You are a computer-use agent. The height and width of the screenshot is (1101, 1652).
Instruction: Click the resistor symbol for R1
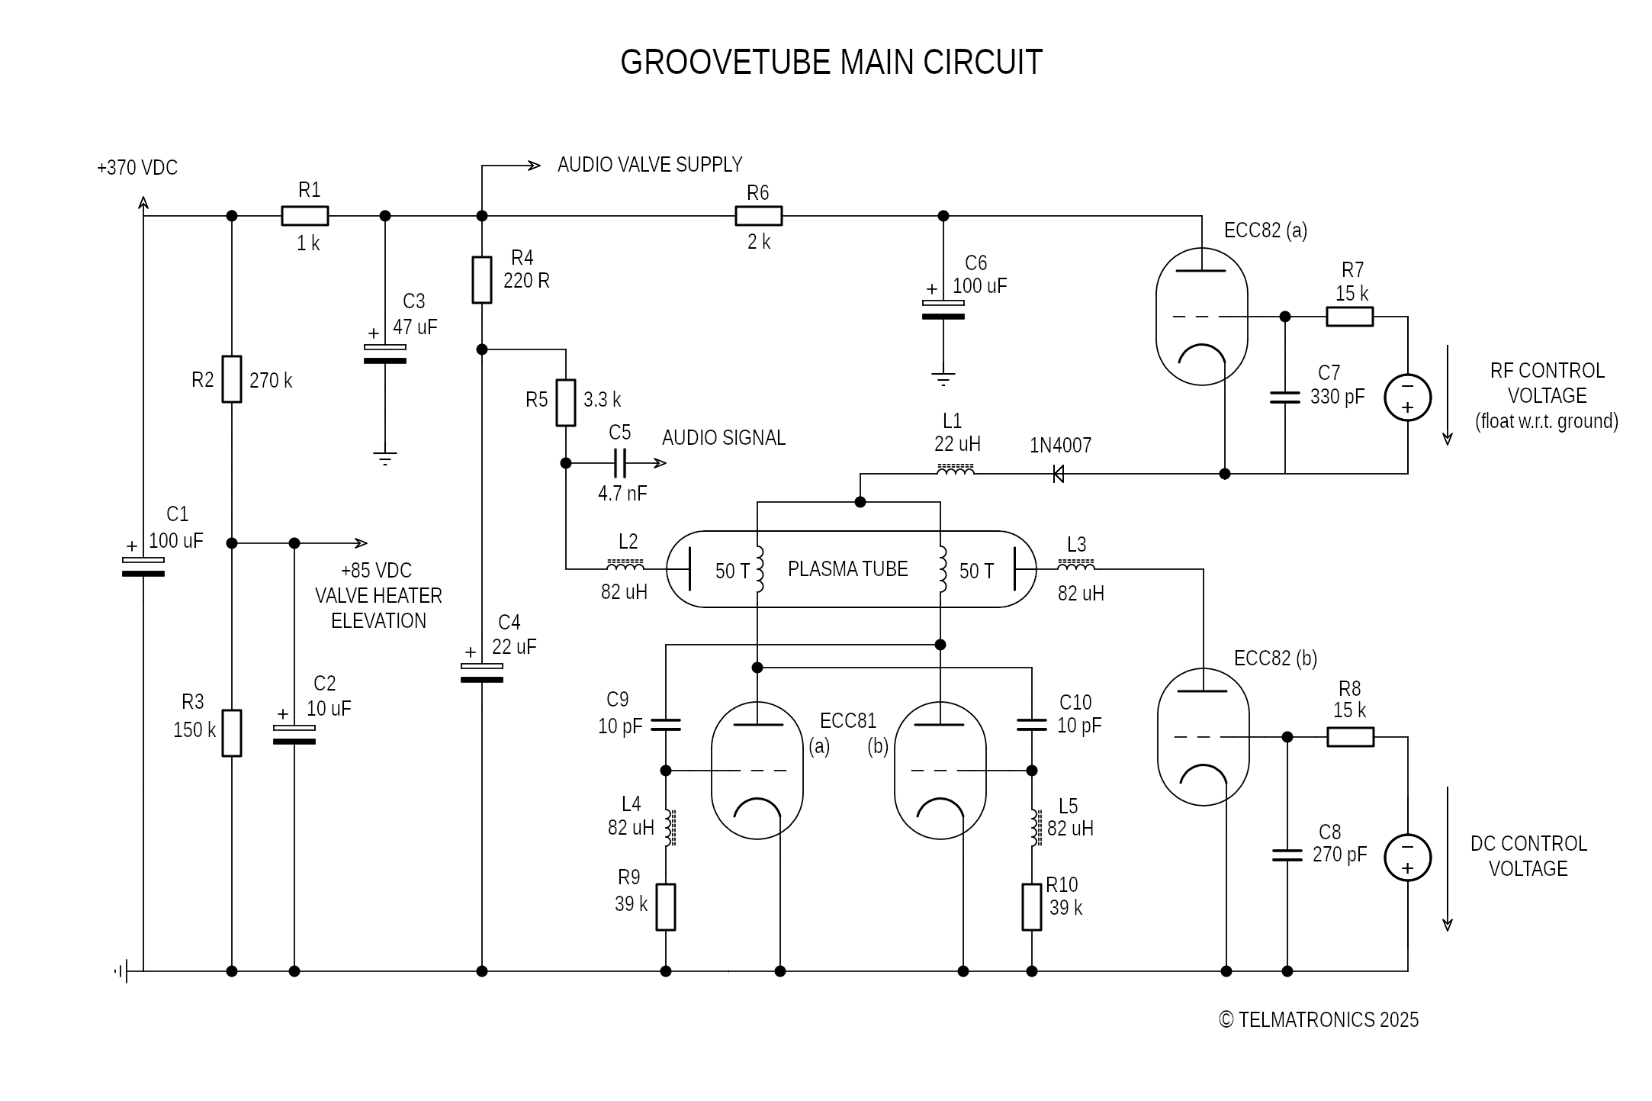point(305,216)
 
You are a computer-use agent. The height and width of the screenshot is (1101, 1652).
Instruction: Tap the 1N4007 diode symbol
point(1059,474)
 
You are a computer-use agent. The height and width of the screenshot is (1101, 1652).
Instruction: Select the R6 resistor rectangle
point(758,216)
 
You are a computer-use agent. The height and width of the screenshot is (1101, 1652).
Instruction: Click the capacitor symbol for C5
point(619,463)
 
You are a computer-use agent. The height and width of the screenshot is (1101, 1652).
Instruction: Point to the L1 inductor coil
point(955,471)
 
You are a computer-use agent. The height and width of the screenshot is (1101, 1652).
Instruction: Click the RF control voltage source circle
point(1407,398)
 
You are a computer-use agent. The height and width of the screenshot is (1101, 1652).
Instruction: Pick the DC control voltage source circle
point(1407,858)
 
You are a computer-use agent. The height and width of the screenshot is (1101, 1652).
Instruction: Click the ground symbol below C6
point(943,379)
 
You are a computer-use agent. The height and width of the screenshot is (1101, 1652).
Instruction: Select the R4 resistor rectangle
point(482,280)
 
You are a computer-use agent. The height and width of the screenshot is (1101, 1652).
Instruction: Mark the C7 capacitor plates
point(1285,398)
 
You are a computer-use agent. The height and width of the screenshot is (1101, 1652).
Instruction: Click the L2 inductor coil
point(625,566)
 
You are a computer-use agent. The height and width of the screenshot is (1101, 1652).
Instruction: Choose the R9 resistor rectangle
point(666,907)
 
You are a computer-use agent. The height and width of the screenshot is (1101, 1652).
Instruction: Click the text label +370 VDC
point(137,168)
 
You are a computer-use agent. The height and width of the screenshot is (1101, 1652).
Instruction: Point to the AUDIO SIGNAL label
point(723,438)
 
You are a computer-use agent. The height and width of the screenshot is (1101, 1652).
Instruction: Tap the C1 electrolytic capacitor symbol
point(143,567)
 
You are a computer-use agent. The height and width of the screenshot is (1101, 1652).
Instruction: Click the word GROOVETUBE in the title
point(725,63)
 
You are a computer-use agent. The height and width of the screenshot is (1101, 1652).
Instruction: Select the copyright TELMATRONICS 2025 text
point(1319,1020)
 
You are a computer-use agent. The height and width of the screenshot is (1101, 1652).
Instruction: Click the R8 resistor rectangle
point(1350,737)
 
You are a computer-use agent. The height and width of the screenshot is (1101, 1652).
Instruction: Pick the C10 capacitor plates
point(1032,725)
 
